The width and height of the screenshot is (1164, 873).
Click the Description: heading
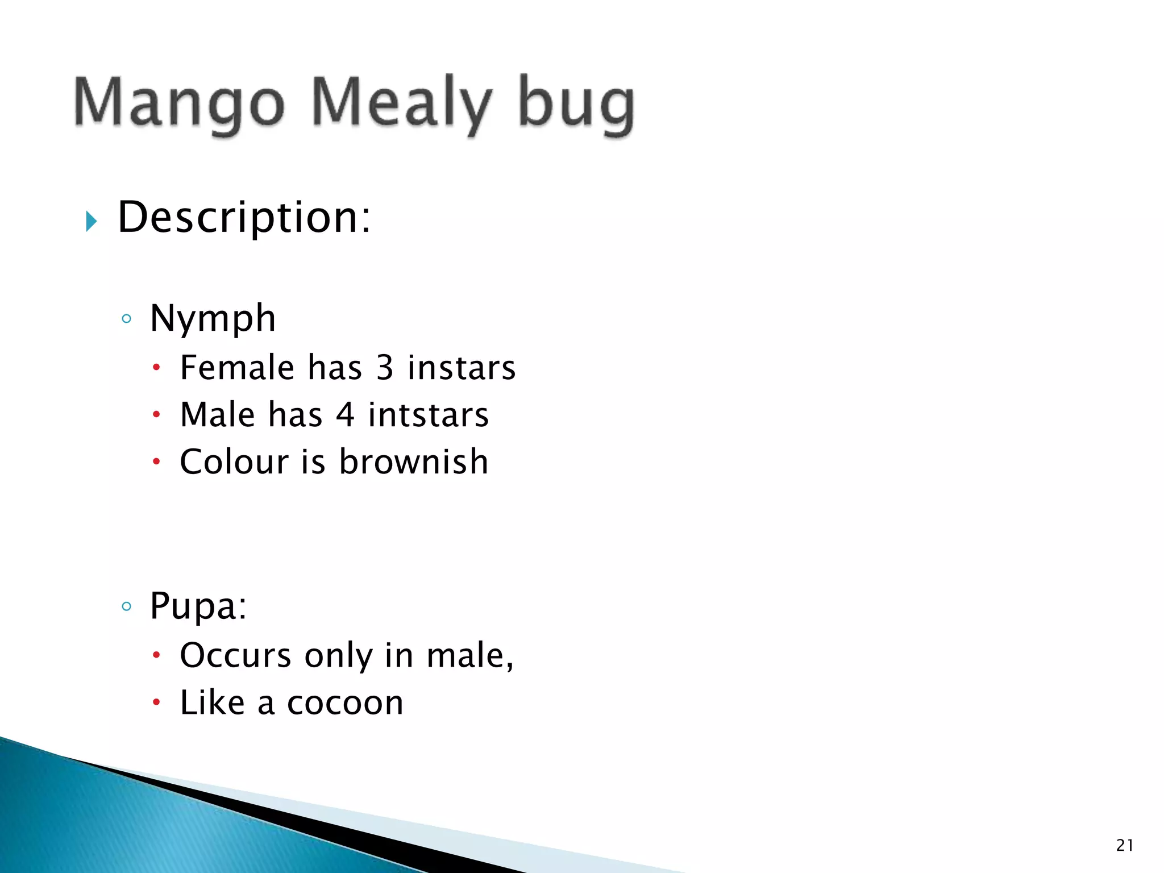(244, 217)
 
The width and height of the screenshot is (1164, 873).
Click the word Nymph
(213, 318)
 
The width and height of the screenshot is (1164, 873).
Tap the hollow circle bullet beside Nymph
(127, 319)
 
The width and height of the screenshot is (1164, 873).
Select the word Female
(236, 367)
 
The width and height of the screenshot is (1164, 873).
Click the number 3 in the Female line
(385, 367)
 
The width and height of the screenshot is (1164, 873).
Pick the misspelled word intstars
(428, 414)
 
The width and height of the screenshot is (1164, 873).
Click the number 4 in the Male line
(345, 414)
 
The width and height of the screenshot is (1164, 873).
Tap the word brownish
(413, 461)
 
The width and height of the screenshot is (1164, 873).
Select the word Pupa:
(198, 606)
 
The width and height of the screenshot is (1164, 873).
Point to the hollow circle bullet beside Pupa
(127, 606)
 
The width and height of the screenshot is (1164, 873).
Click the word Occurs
(235, 655)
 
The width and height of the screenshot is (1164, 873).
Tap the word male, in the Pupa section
(470, 655)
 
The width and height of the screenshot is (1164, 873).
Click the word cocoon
(345, 702)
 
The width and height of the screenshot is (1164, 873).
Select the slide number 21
(1124, 845)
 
